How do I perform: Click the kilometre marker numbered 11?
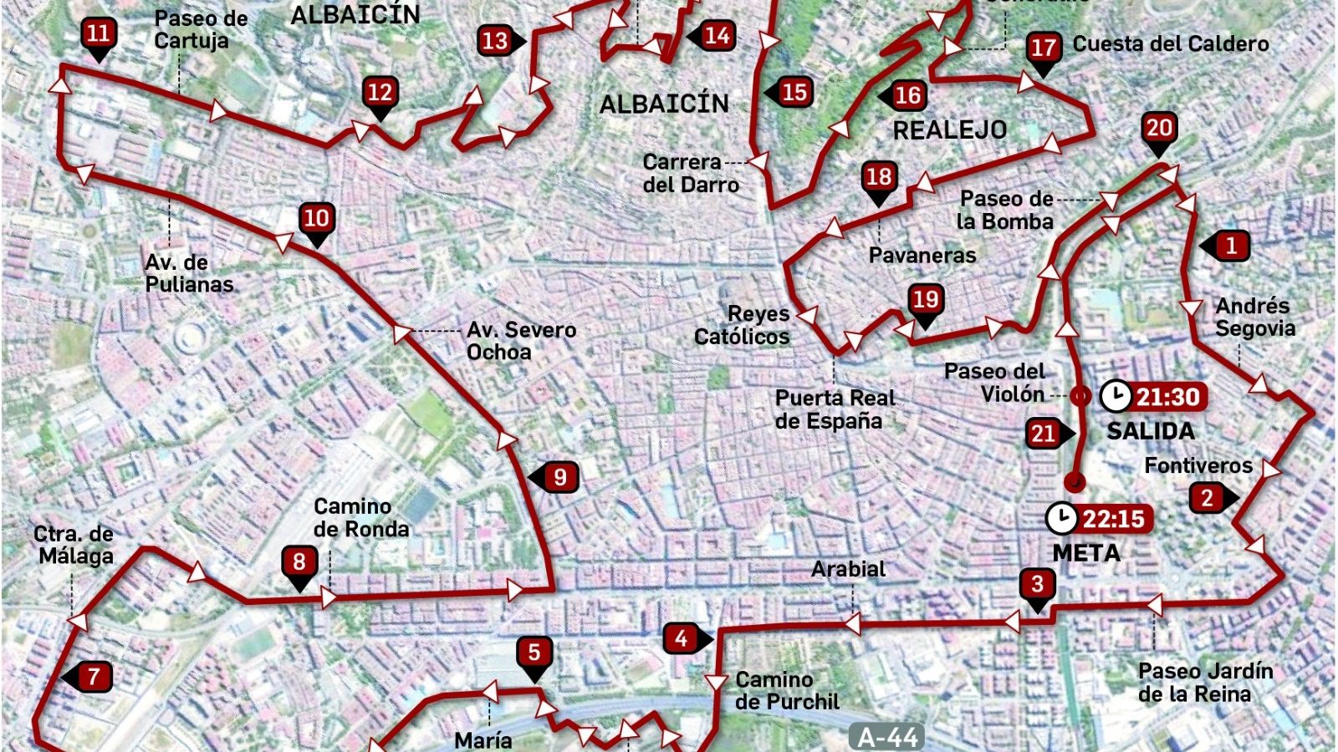99,35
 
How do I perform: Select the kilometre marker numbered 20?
1159,130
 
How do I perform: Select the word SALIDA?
1151,431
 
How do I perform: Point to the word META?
1086,552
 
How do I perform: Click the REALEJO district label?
950,130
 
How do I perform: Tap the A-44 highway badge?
888,737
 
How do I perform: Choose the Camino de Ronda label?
361,518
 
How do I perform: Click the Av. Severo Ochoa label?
521,341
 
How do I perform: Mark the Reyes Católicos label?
743,325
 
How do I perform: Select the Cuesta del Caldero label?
1171,44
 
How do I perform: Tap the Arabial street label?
848,569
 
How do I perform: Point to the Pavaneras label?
922,255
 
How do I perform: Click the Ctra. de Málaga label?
74,545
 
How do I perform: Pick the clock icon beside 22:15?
1062,518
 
